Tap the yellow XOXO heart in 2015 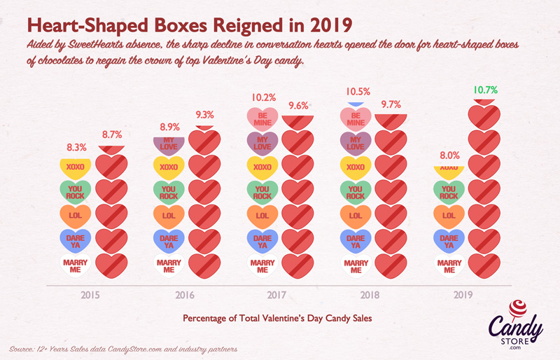pos(75,168)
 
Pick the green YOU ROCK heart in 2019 pos(449,192)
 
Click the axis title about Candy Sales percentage pos(276,317)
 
